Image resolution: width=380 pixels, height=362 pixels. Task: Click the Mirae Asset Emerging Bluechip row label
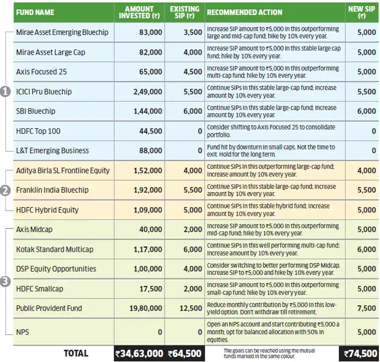pos(62,33)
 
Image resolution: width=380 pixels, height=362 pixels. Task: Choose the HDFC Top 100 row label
pos(39,131)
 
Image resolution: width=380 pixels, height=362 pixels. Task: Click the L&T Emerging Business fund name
pos(52,151)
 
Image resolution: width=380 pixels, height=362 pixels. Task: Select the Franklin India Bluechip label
pos(52,190)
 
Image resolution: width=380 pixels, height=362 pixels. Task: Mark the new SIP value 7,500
pos(365,308)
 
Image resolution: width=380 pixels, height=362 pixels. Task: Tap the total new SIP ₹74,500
pos(360,354)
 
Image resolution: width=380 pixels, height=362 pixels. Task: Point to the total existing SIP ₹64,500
pos(185,354)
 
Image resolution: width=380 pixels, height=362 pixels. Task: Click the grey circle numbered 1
pos(5,92)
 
